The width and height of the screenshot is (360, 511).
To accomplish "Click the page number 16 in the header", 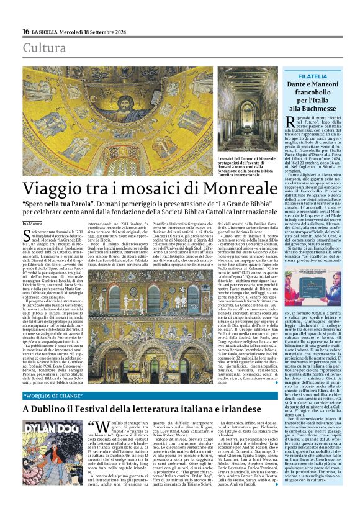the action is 25,32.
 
